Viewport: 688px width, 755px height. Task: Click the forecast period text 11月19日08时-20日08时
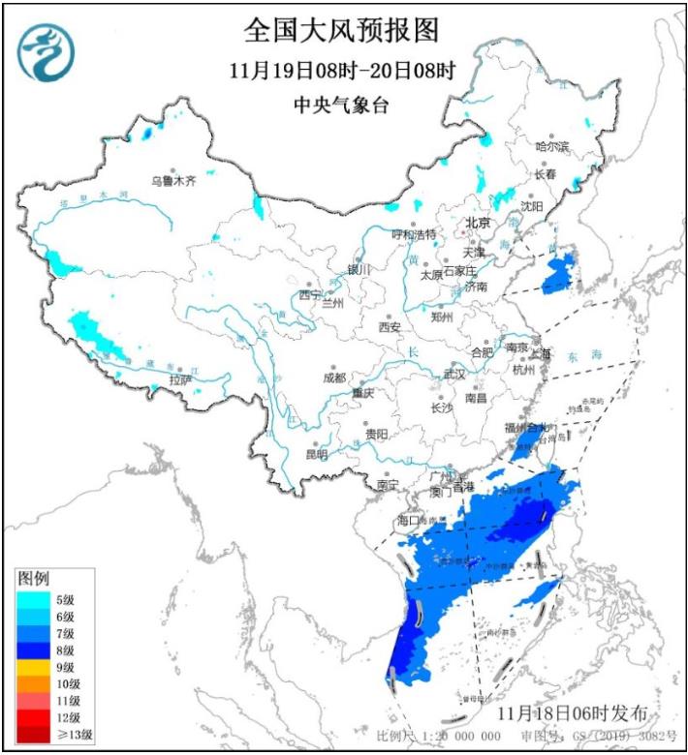pyautogui.click(x=341, y=71)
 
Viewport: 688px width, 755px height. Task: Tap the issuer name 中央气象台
pyautogui.click(x=341, y=106)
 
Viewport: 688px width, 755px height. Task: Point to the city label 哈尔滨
pyautogui.click(x=552, y=146)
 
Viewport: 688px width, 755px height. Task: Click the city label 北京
pyautogui.click(x=478, y=223)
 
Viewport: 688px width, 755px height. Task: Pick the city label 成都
pyautogui.click(x=334, y=377)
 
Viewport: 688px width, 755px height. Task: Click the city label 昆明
pyautogui.click(x=317, y=454)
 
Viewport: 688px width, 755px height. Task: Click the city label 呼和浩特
pyautogui.click(x=413, y=234)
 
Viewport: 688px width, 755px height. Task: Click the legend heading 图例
pyautogui.click(x=33, y=578)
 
